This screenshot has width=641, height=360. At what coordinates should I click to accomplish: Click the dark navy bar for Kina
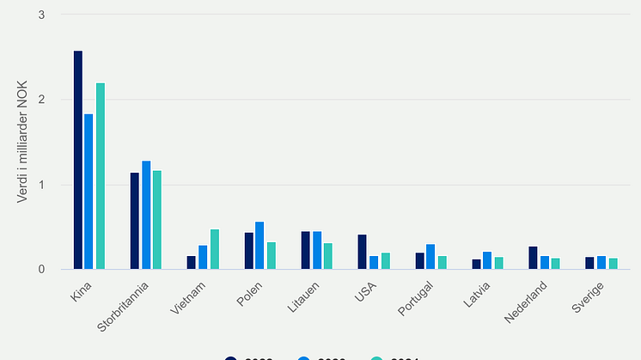[78, 160]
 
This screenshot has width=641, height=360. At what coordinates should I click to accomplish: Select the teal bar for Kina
[101, 176]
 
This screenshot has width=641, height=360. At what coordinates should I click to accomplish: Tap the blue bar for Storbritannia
[146, 215]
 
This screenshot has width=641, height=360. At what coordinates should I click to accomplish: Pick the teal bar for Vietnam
[215, 249]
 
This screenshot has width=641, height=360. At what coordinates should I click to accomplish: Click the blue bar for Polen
[259, 246]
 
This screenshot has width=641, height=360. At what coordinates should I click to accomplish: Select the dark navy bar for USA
[363, 252]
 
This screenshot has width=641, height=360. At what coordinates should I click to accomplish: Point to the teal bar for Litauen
[328, 256]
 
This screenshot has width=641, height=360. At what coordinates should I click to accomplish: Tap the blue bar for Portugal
[430, 257]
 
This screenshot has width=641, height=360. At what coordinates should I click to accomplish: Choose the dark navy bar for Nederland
[533, 258]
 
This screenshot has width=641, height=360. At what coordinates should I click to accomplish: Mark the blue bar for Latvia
[487, 260]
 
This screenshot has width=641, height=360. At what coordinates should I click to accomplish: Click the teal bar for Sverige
[614, 264]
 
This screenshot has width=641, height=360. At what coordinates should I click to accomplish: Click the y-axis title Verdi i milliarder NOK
[23, 143]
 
